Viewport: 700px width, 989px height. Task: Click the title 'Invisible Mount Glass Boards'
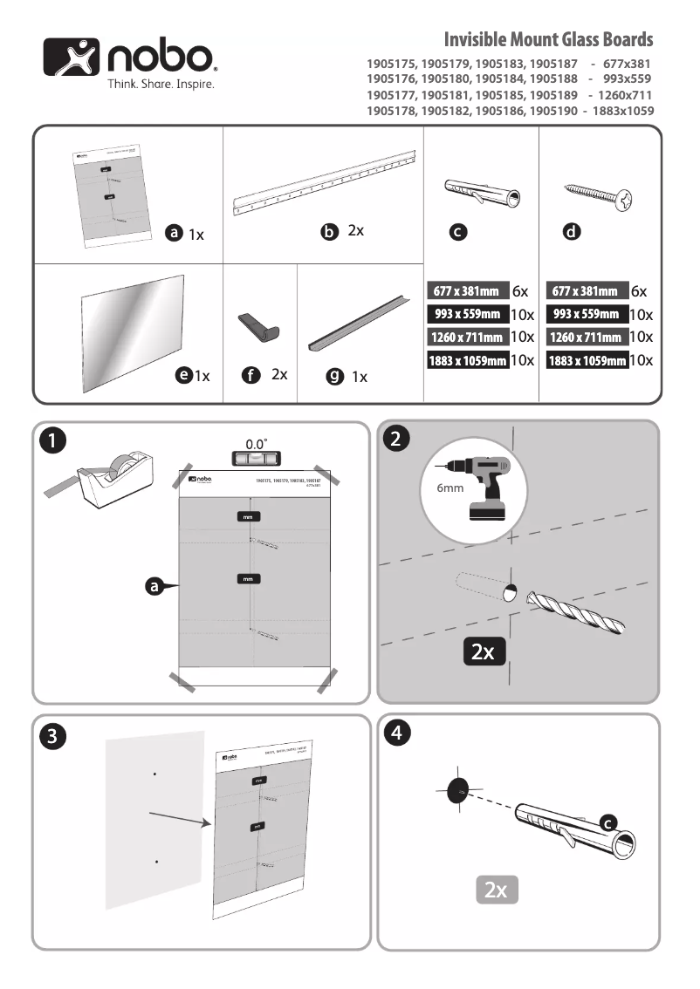[x=548, y=40]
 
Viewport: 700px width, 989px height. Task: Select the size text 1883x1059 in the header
[x=622, y=111]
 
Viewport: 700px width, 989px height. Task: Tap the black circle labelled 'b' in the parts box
[x=329, y=232]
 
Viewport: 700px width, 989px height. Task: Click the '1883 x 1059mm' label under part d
[x=587, y=360]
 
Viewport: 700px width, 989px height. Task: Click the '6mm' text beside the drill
[x=450, y=488]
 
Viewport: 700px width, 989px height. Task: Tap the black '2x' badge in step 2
[x=483, y=651]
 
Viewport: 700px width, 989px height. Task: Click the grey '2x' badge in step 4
[x=497, y=890]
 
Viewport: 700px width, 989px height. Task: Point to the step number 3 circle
[x=53, y=736]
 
